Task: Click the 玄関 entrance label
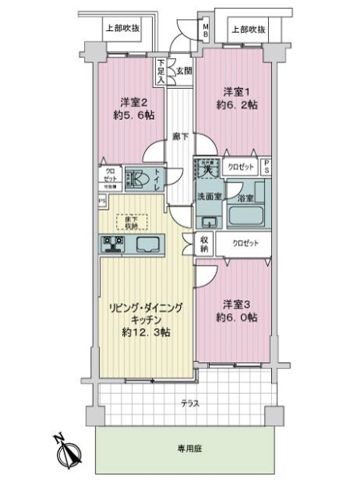184,71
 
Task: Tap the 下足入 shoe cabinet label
161,71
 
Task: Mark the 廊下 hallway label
180,138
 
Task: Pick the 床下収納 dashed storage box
129,222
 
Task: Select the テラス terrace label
190,403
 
